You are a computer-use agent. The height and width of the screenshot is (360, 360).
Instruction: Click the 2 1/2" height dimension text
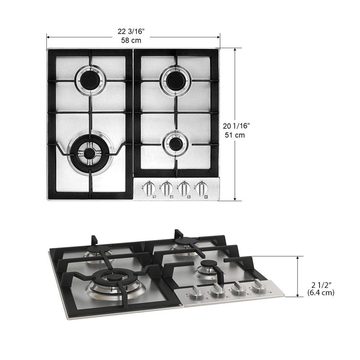[x=321, y=284]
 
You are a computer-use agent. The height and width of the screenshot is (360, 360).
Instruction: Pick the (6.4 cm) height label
[x=321, y=292]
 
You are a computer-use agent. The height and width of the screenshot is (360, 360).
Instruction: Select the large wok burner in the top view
[x=90, y=153]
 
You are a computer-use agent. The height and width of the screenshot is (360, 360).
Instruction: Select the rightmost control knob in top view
[x=198, y=189]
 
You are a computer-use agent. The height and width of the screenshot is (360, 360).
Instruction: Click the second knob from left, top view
[x=166, y=189]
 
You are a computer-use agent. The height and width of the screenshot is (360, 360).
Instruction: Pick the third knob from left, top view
[x=182, y=189]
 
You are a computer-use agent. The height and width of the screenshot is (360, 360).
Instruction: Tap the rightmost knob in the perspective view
[x=258, y=287]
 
